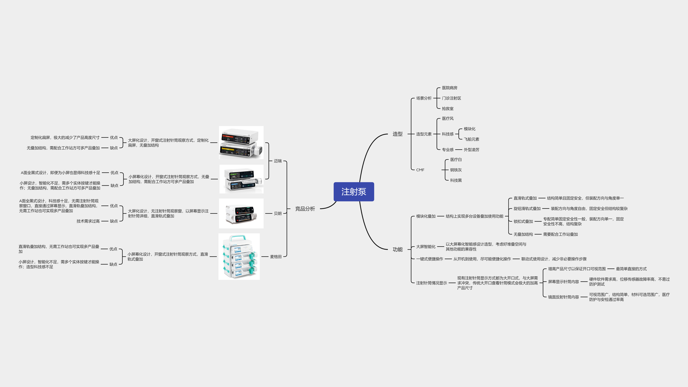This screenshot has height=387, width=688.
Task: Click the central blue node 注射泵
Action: click(354, 192)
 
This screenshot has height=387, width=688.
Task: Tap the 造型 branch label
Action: click(397, 134)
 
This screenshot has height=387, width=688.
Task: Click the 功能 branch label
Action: click(397, 249)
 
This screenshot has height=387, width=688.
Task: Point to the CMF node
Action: click(420, 170)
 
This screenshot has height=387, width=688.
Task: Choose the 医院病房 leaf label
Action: click(449, 88)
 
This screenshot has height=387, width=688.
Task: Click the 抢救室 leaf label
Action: click(448, 109)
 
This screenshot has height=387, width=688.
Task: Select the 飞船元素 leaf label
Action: click(471, 139)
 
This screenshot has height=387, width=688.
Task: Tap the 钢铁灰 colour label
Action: click(456, 170)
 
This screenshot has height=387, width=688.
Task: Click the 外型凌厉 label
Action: click(471, 150)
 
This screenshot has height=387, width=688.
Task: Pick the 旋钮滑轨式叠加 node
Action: click(527, 208)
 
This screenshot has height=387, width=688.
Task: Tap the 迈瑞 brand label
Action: click(278, 161)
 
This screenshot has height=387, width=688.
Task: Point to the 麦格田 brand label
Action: click(276, 257)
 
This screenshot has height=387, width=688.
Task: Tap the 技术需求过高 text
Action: click(88, 221)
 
